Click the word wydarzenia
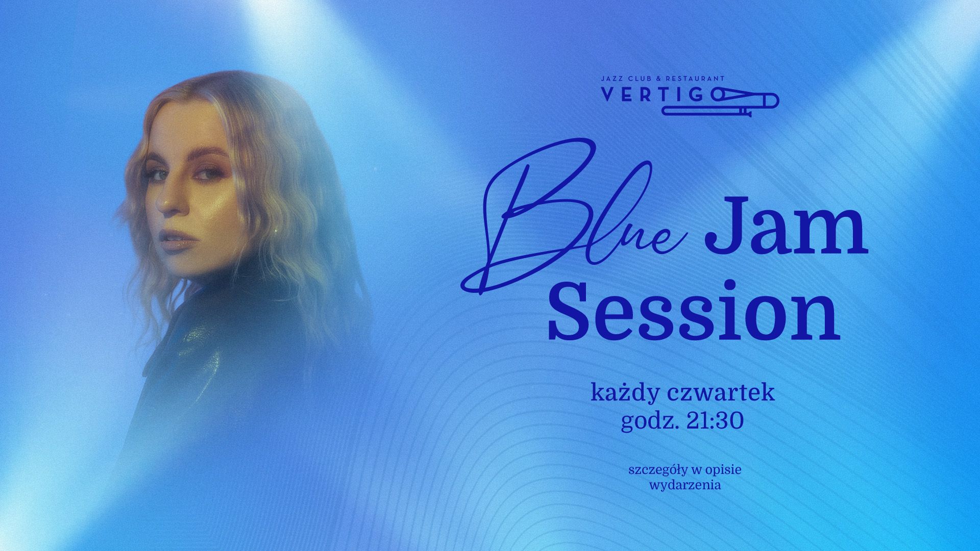pos(685,485)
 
